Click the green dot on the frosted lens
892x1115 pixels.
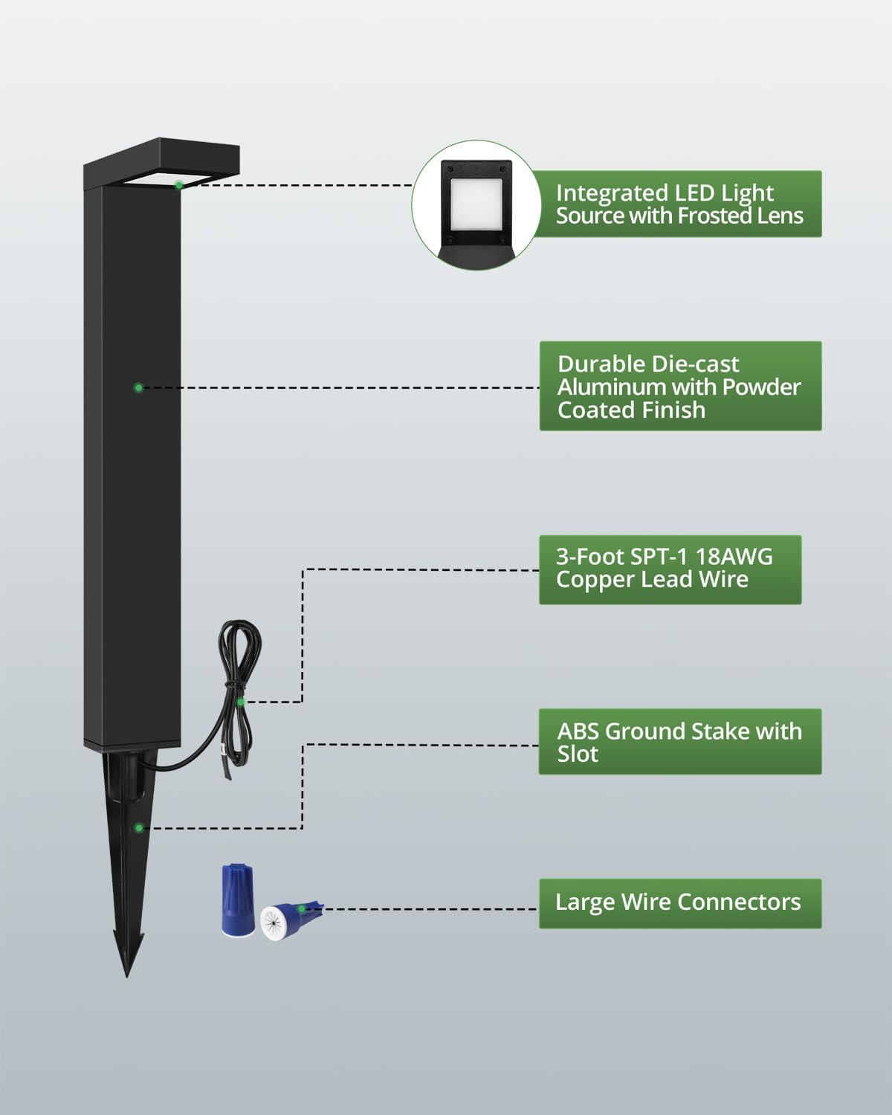tap(179, 185)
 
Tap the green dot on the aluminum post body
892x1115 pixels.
tap(138, 387)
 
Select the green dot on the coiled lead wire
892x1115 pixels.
tap(241, 702)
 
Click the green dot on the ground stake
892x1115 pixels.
tap(139, 828)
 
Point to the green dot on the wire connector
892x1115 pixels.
tap(301, 909)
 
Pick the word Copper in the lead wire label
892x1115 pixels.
tap(595, 579)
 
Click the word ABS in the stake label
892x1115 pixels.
tap(578, 731)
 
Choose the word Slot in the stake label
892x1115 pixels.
tap(578, 754)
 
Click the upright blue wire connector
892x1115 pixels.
tap(237, 900)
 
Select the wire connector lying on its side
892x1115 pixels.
tap(290, 921)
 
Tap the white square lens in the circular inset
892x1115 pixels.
tap(476, 204)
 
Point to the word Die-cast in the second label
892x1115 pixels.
tap(694, 364)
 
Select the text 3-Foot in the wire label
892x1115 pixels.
tap(589, 557)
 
